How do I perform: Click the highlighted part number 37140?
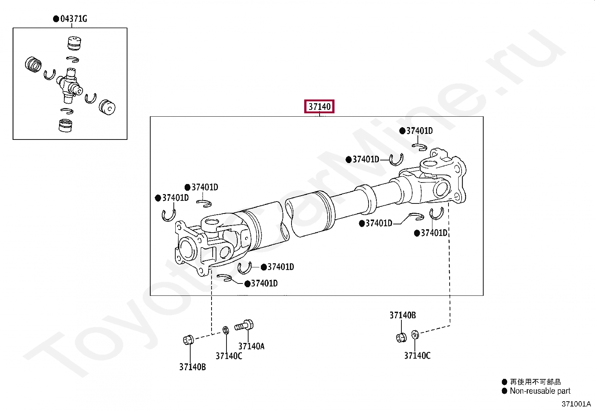[319, 107]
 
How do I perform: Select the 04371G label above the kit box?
[74, 19]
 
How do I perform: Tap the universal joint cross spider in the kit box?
[70, 85]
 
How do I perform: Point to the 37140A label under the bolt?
[251, 346]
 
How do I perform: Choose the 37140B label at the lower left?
[192, 367]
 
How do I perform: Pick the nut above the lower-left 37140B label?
[188, 340]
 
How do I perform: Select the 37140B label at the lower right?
[403, 315]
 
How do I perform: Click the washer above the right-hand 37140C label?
[415, 335]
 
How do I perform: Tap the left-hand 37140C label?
[229, 356]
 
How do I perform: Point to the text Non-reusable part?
[540, 391]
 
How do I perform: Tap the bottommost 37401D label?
[264, 283]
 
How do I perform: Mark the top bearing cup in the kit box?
[74, 43]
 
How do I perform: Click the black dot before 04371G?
[56, 19]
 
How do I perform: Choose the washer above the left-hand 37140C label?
[226, 330]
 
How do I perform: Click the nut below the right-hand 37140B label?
[401, 337]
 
